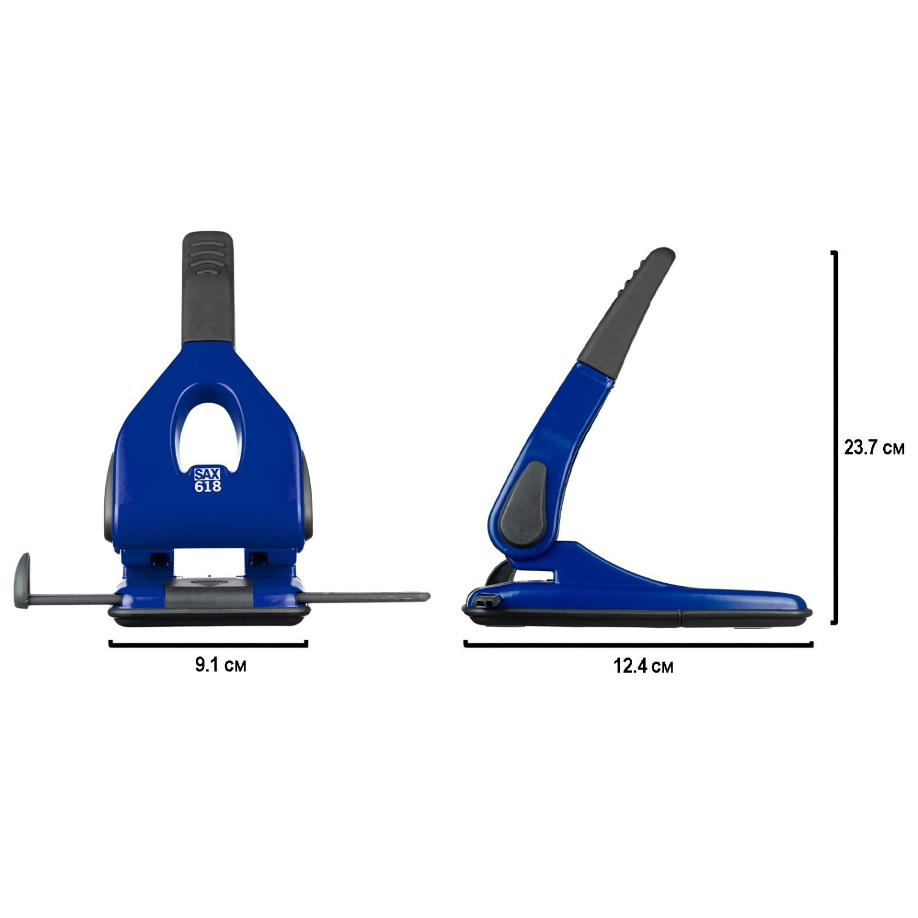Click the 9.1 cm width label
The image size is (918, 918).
pos(220,665)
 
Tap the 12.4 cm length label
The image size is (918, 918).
pos(643,666)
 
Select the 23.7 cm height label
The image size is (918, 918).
pos(874,447)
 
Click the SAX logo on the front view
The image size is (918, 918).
pos(207,474)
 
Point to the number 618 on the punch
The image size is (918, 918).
pos(207,487)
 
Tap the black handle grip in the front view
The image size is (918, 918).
pos(209,288)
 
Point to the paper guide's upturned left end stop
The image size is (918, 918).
pos(22,581)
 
